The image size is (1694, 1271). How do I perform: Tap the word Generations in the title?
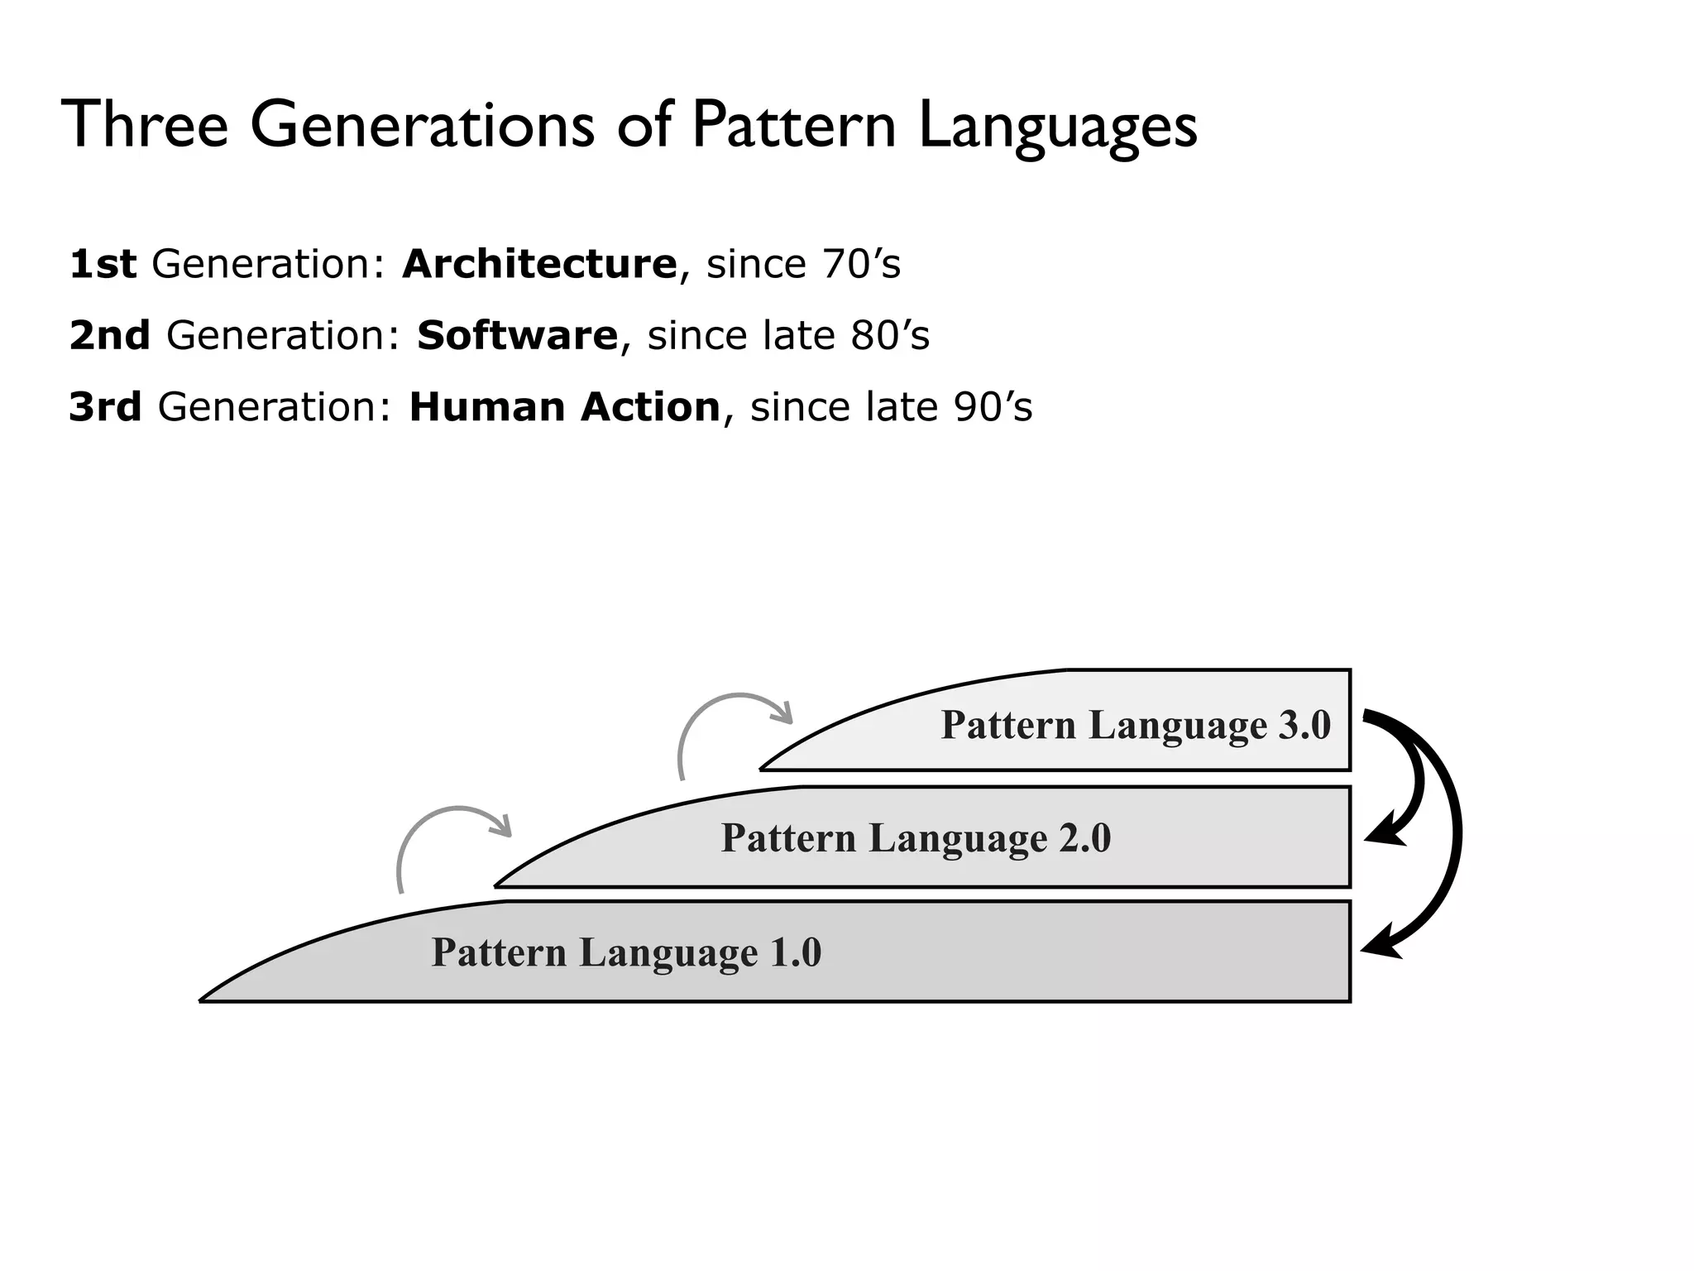pos(422,125)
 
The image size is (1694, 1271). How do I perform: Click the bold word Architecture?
pos(539,265)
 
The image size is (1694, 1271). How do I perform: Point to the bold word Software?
pos(517,336)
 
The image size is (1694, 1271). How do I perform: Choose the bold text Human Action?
pos(565,408)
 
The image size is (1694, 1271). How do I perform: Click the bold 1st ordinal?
pos(103,265)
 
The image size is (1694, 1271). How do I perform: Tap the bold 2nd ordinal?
pos(109,336)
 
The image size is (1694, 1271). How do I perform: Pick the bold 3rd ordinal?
pos(105,408)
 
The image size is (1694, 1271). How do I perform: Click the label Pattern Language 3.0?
pos(1135,726)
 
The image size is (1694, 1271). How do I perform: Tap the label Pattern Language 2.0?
pos(916,838)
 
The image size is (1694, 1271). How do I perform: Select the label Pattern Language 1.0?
pos(626,952)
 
